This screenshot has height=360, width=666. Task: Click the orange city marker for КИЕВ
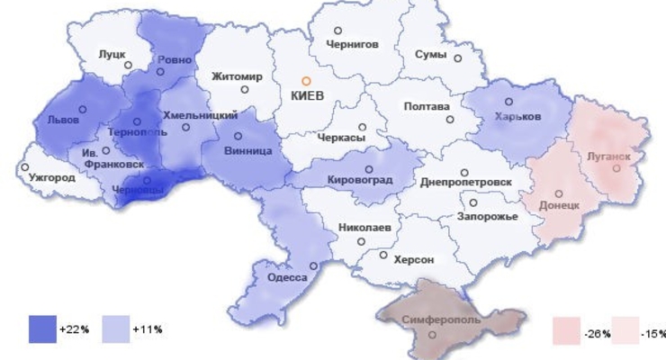pyautogui.click(x=306, y=81)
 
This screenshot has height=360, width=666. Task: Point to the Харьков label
pyautogui.click(x=517, y=118)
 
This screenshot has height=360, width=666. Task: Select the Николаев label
pyautogui.click(x=364, y=229)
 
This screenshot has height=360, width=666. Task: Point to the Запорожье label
pyautogui.click(x=487, y=217)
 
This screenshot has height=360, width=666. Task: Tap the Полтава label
pyautogui.click(x=427, y=107)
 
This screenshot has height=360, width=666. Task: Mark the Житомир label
pyautogui.click(x=237, y=76)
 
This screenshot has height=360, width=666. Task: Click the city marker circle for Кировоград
pyautogui.click(x=369, y=168)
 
